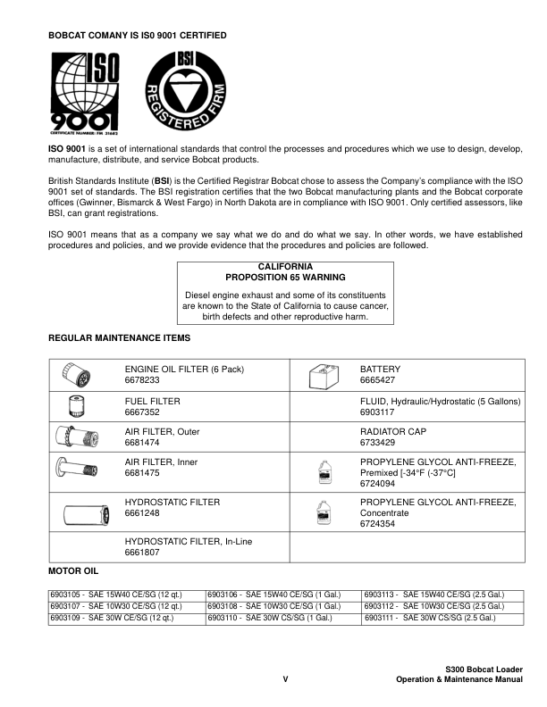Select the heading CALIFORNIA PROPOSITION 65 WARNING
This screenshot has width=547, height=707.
coord(285,272)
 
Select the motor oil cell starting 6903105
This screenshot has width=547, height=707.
coord(126,594)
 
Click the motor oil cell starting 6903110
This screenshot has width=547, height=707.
coord(283,617)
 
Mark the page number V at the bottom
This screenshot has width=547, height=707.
coord(285,680)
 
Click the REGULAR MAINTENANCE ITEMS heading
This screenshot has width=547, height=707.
coord(118,338)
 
